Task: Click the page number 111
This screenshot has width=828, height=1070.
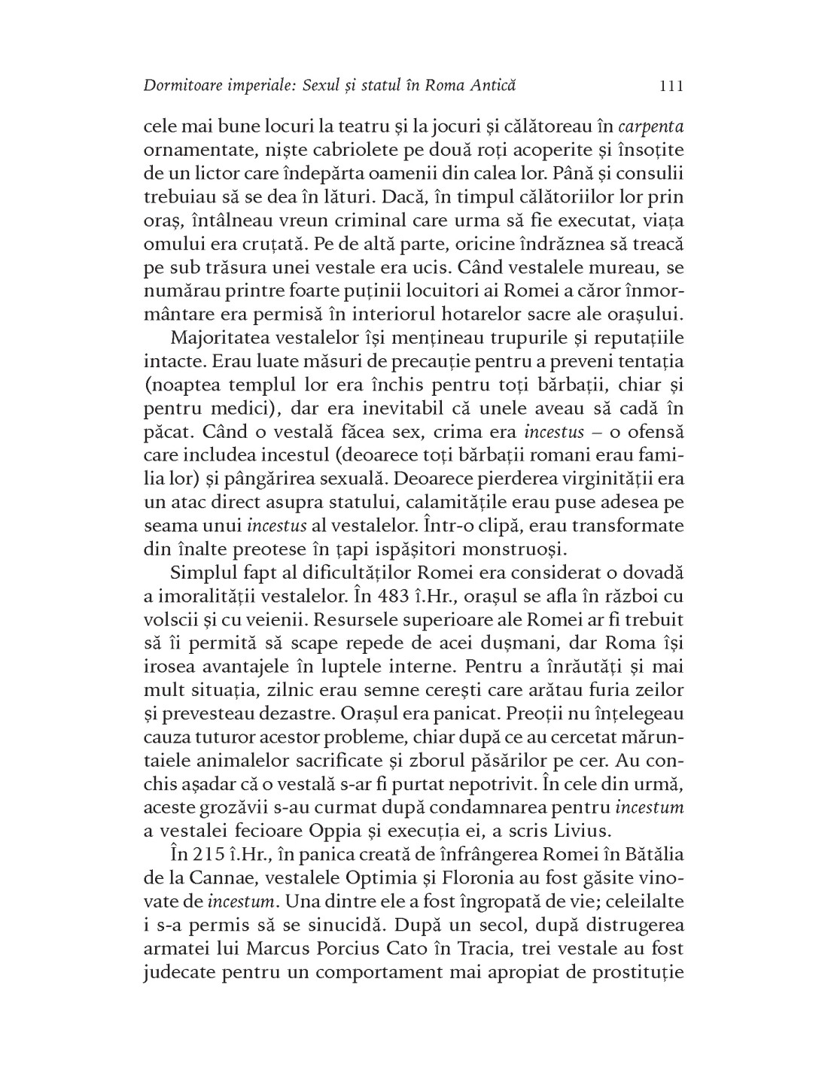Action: pyautogui.click(x=670, y=85)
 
